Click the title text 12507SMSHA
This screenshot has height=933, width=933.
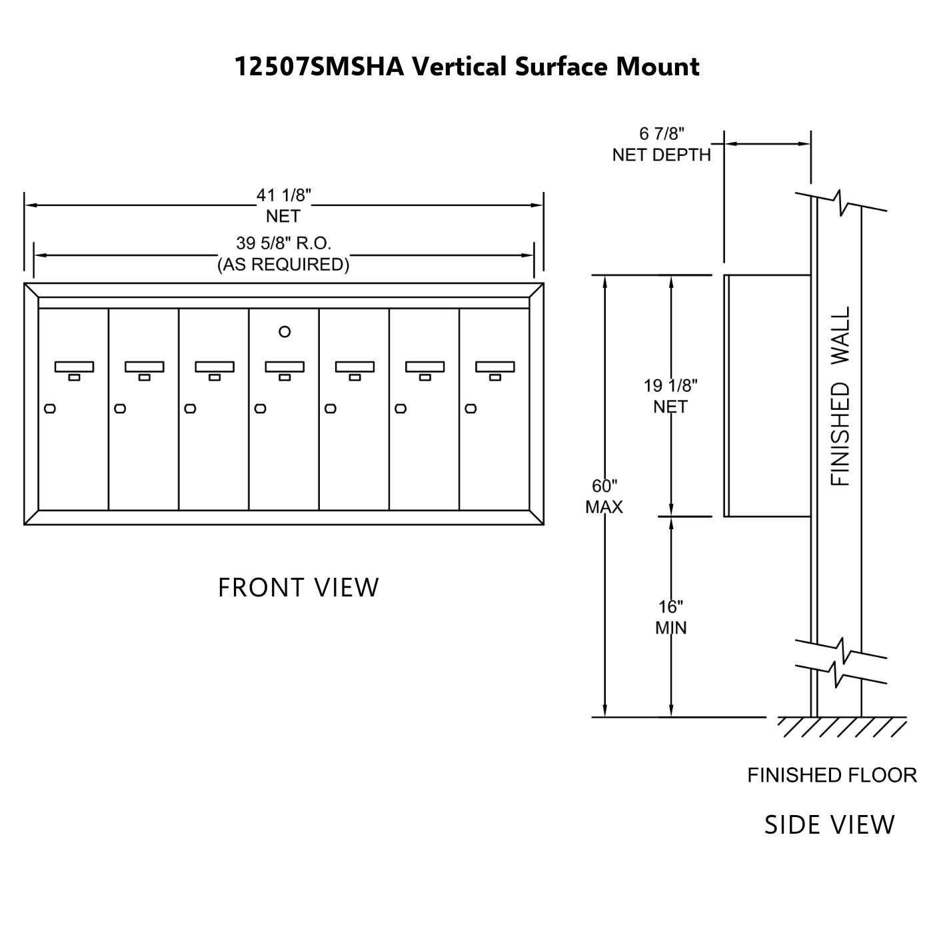point(319,67)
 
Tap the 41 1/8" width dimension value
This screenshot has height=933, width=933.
point(284,195)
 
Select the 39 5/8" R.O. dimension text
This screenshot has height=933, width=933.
point(284,243)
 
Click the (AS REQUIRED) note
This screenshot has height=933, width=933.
point(283,265)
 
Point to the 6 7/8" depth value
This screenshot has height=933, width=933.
point(661,134)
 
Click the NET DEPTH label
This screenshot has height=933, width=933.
point(661,155)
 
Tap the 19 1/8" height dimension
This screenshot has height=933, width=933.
point(670,386)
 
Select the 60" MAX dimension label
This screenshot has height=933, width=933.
point(604,496)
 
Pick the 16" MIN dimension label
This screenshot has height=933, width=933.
point(671,617)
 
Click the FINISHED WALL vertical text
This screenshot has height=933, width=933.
point(840,396)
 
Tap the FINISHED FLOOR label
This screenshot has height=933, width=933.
point(832,775)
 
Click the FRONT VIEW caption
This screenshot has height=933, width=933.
point(299,588)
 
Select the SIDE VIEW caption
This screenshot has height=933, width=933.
point(830,825)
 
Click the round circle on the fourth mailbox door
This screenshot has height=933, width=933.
point(285,332)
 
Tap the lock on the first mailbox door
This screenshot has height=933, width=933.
point(50,409)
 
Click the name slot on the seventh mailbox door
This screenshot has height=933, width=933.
point(495,367)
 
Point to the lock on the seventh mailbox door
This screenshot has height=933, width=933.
point(470,409)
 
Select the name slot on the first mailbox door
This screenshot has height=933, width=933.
point(74,367)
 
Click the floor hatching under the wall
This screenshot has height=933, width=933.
point(842,727)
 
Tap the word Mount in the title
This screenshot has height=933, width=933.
point(658,67)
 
